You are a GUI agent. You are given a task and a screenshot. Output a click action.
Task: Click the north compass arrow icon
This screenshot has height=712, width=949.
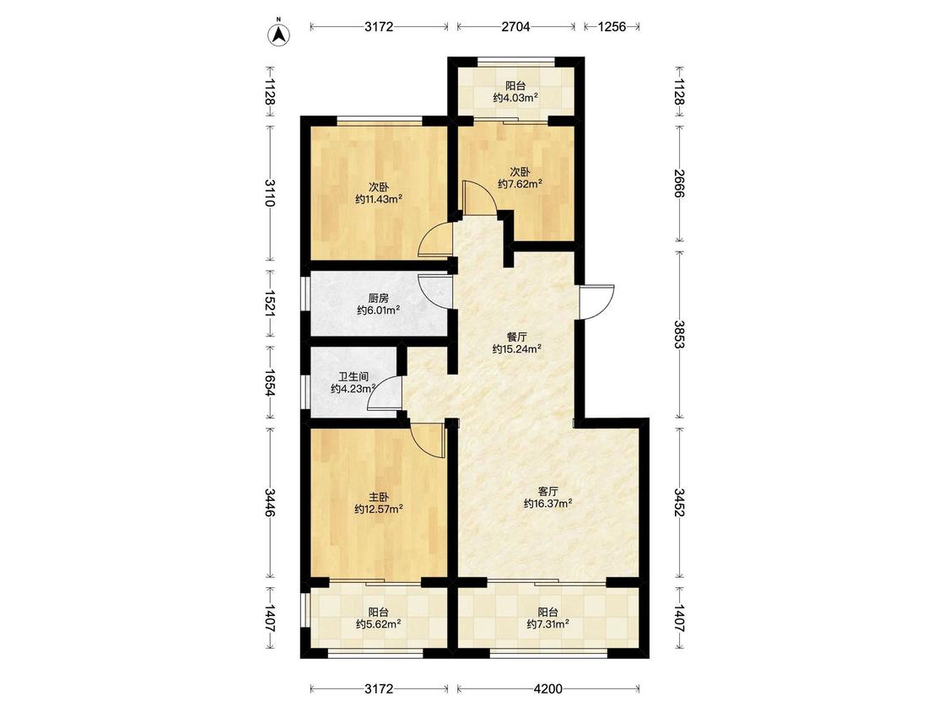pyautogui.click(x=279, y=34)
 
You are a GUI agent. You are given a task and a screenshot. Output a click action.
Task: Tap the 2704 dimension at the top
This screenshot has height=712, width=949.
pyautogui.click(x=515, y=27)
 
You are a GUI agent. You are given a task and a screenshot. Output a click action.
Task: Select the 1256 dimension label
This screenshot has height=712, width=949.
pyautogui.click(x=612, y=27)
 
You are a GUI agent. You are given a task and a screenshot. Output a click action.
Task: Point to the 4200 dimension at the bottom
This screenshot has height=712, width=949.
pyautogui.click(x=547, y=688)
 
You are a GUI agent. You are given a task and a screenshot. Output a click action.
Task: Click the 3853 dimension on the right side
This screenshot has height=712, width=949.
pyautogui.click(x=678, y=333)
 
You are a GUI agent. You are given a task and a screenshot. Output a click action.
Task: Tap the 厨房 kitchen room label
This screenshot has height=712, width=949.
pyautogui.click(x=378, y=298)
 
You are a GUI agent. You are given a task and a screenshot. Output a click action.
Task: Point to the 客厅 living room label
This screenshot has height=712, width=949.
pyautogui.click(x=547, y=490)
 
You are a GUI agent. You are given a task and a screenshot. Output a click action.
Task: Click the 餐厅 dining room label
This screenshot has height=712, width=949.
pyautogui.click(x=516, y=337)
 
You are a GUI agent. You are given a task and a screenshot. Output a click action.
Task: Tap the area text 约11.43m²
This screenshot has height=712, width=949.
pyautogui.click(x=379, y=199)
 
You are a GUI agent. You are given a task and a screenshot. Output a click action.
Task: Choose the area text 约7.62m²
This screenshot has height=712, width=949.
pyautogui.click(x=520, y=183)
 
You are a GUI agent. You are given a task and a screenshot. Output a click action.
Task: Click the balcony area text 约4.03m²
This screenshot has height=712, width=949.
pyautogui.click(x=515, y=98)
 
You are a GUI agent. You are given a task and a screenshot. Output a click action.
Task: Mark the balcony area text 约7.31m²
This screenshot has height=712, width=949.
pyautogui.click(x=547, y=624)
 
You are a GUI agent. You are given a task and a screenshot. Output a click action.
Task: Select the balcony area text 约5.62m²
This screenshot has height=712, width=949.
pyautogui.click(x=379, y=624)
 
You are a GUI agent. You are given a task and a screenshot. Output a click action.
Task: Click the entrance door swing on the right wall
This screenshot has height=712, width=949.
pyautogui.click(x=596, y=301)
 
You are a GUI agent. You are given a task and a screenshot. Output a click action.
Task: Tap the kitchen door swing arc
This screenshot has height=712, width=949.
pyautogui.click(x=434, y=293)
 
